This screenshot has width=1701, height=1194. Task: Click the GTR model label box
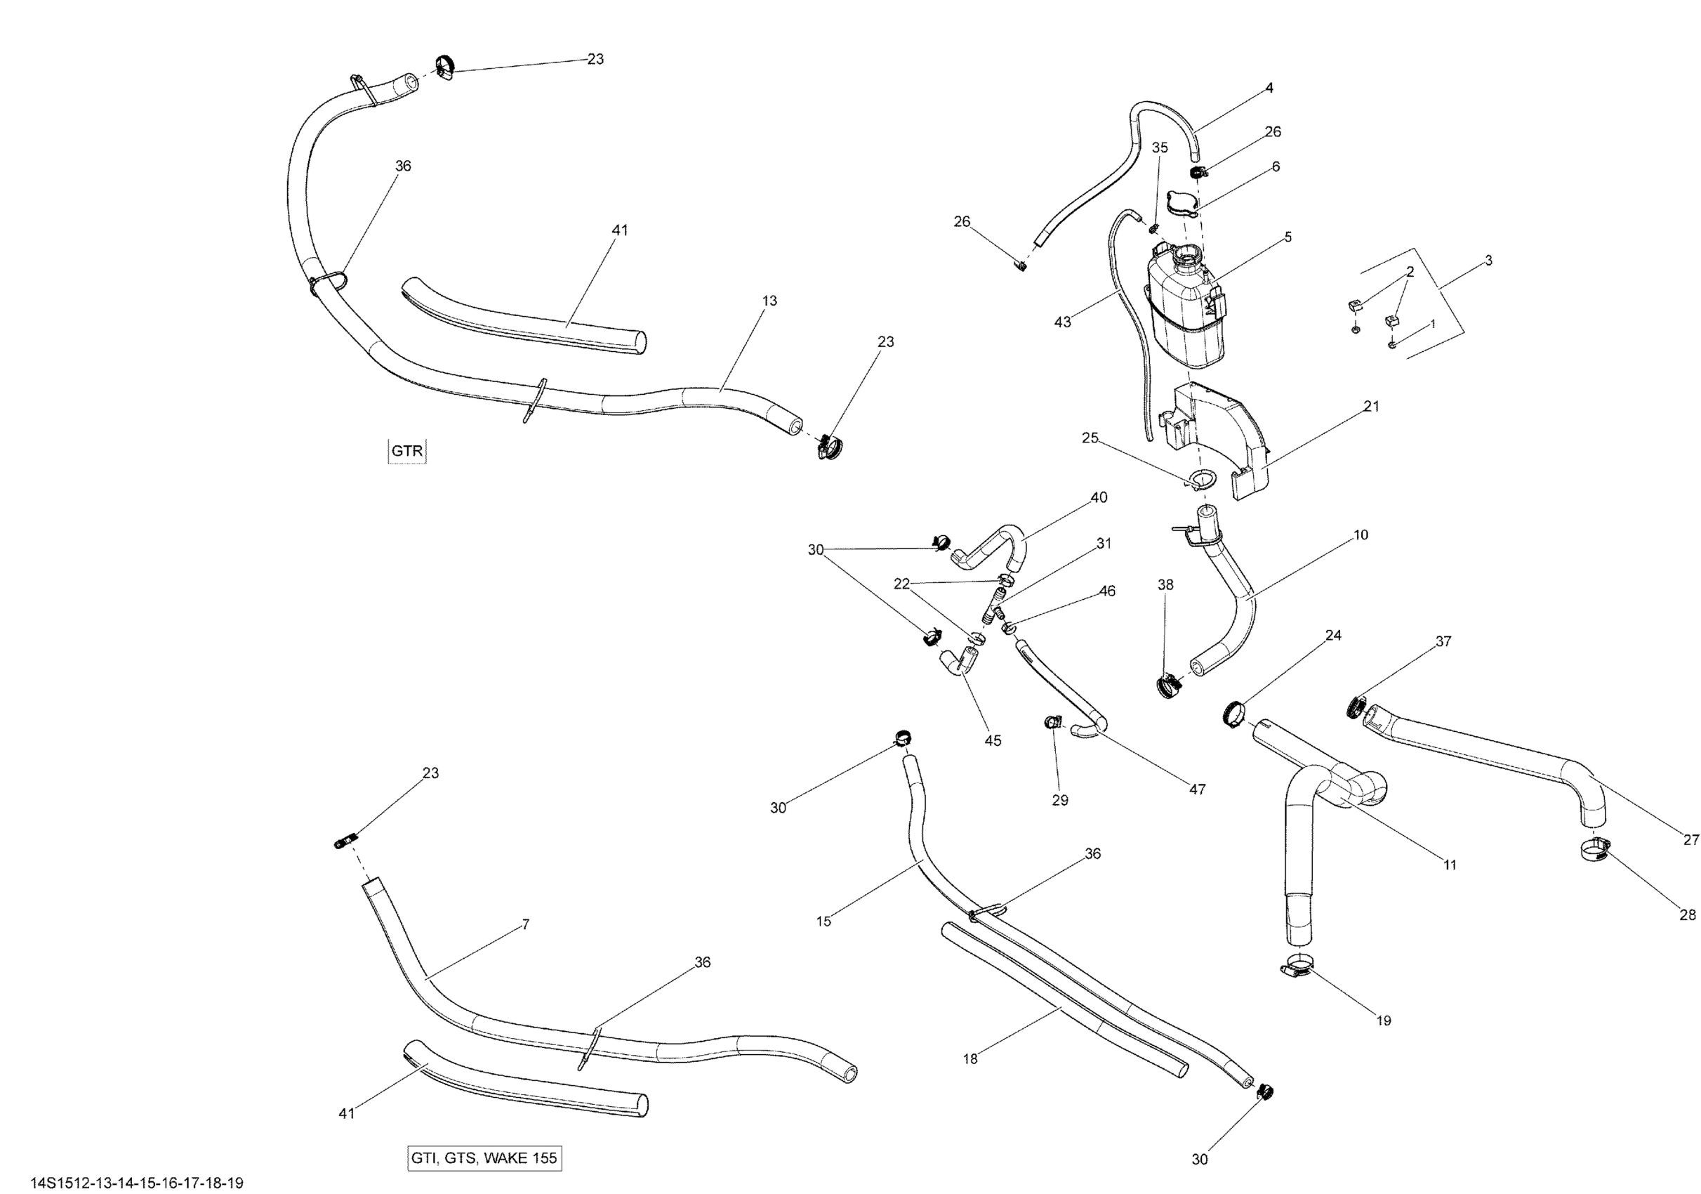tap(406, 451)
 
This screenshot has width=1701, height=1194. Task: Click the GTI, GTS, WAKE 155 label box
tap(484, 1157)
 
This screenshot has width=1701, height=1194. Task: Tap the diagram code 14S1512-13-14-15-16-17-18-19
tap(137, 1183)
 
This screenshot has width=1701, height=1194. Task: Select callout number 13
tap(769, 301)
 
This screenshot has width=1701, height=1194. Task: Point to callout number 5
tap(1288, 237)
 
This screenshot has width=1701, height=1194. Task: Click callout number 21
tap(1371, 406)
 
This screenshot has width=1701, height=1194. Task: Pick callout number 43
tap(1062, 322)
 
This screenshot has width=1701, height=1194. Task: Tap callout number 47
tap(1197, 790)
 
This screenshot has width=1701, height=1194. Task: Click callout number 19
tap(1383, 1021)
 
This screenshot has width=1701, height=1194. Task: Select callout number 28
tap(1687, 915)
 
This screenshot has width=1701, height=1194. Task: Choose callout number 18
tap(969, 1059)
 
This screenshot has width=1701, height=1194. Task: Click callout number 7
tap(525, 924)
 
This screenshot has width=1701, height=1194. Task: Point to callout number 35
tap(1160, 147)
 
